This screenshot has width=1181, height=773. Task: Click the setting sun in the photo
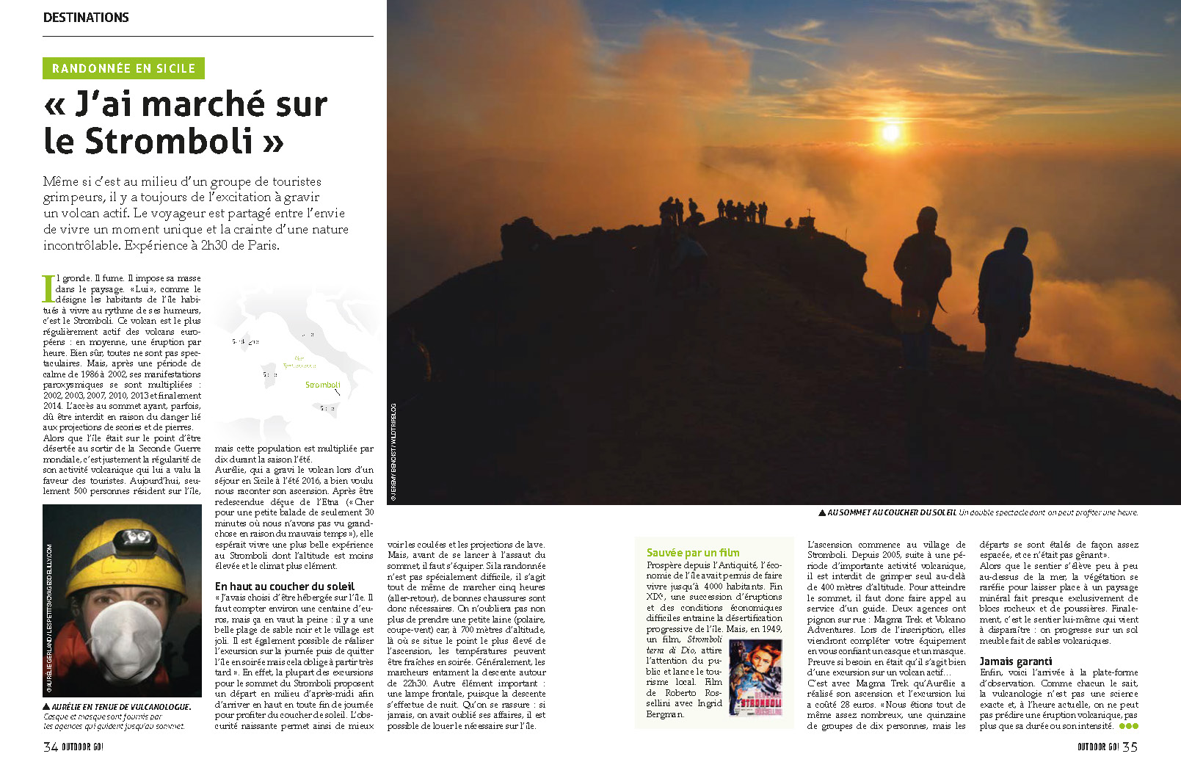890,133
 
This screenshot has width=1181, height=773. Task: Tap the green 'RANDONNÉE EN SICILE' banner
123,68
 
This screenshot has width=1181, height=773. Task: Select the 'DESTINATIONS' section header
86,18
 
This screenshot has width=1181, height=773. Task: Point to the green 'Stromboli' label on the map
323,385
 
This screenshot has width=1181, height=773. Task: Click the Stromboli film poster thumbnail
755,678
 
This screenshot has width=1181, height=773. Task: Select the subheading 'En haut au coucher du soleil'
285,587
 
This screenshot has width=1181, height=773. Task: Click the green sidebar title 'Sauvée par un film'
693,553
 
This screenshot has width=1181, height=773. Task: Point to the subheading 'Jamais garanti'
1015,661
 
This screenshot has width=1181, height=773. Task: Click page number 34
51,747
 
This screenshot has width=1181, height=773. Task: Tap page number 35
1130,747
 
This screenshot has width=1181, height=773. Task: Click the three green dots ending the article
1128,726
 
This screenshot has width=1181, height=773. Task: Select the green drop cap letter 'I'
48,288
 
